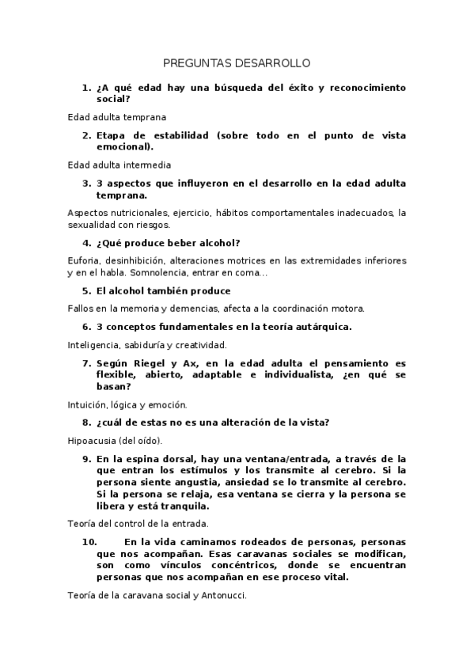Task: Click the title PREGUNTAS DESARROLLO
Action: (237, 63)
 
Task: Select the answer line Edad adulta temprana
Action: (116, 116)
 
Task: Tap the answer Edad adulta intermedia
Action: (119, 165)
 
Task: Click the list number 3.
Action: (85, 184)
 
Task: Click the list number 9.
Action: (85, 459)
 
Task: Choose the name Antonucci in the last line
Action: (221, 596)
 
